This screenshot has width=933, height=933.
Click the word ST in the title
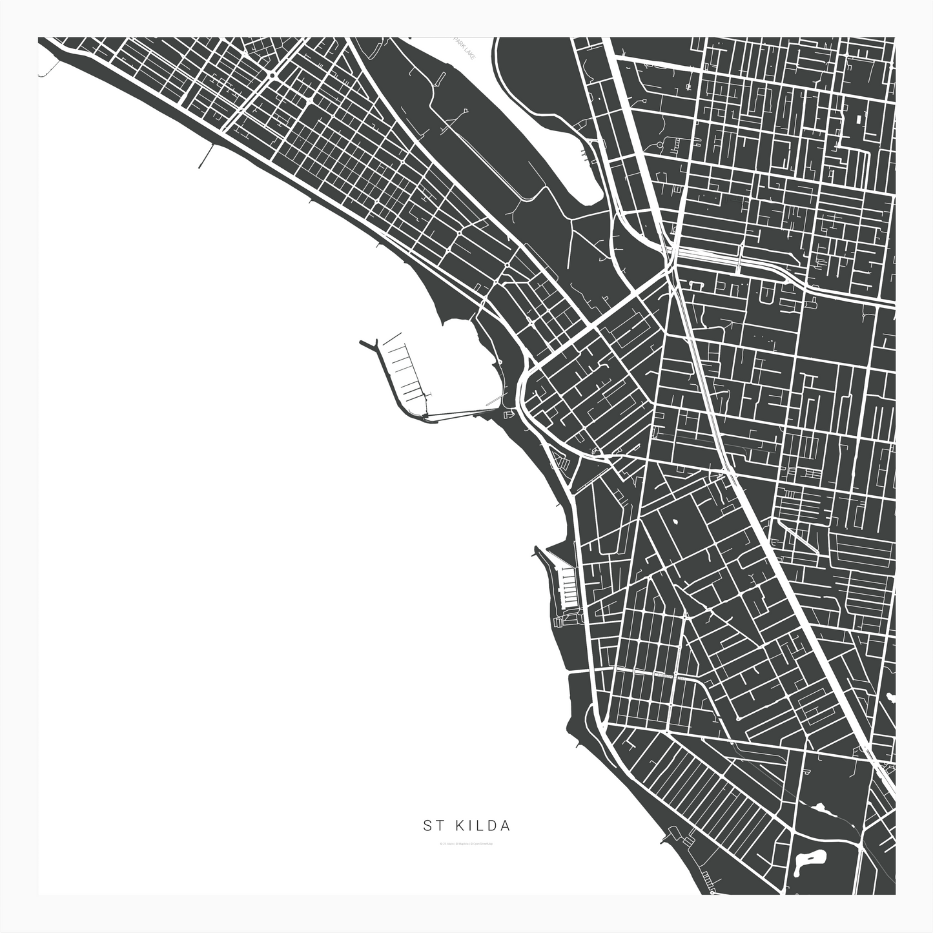pos(430,825)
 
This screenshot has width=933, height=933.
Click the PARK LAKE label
pos(464,49)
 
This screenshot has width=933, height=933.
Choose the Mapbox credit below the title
pos(463,843)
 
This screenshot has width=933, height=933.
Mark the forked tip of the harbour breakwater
pos(362,343)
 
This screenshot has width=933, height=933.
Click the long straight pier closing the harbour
pos(458,413)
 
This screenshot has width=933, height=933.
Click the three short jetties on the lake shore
pos(587,155)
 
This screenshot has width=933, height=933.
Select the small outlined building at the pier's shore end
pos(508,413)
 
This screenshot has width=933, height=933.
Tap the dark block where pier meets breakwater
pos(427,415)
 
